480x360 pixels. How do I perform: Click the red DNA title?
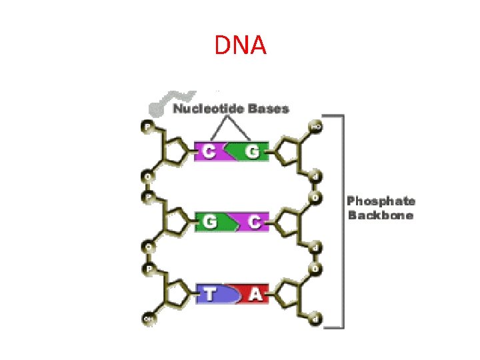coord(241,45)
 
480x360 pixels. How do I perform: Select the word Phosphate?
coord(381,201)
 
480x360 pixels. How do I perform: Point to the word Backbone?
coord(380,215)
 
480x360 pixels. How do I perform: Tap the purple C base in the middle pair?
coord(252,222)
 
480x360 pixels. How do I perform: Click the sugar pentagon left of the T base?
coord(177,292)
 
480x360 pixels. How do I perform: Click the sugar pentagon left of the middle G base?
coord(177,221)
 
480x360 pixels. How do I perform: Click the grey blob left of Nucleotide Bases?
coord(160,105)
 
